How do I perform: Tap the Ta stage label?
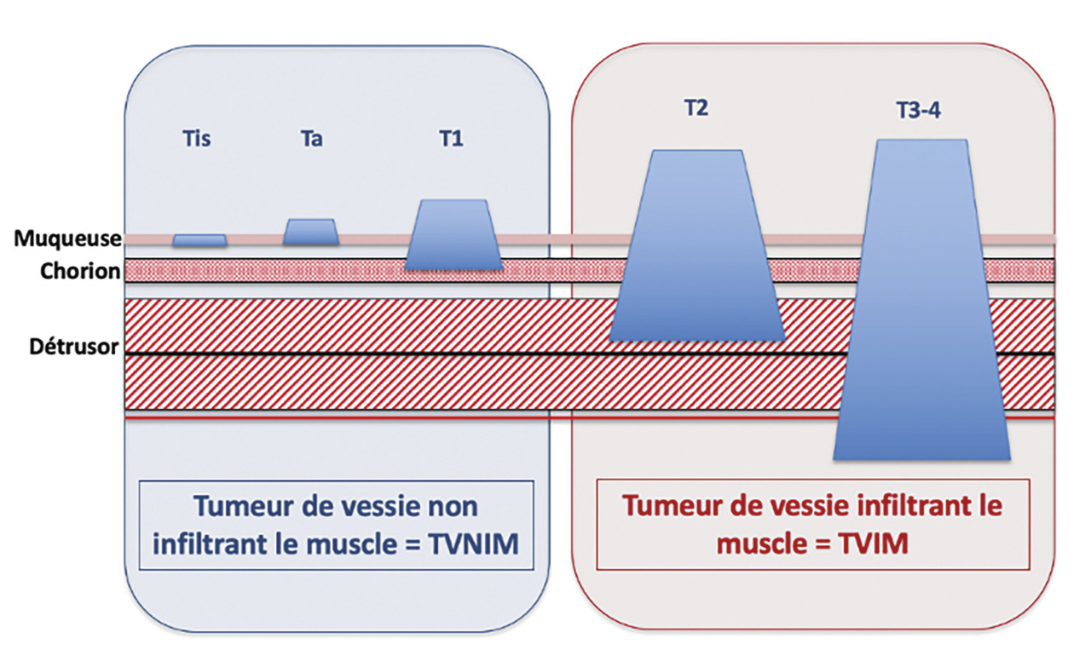point(311,140)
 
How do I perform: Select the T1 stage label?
point(452,140)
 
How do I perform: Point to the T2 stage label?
point(696,108)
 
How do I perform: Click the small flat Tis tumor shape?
point(199,241)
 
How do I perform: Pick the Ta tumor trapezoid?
point(310,233)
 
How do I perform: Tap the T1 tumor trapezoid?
point(453,236)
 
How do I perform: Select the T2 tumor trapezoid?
point(697,247)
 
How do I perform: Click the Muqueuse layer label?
point(67,239)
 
